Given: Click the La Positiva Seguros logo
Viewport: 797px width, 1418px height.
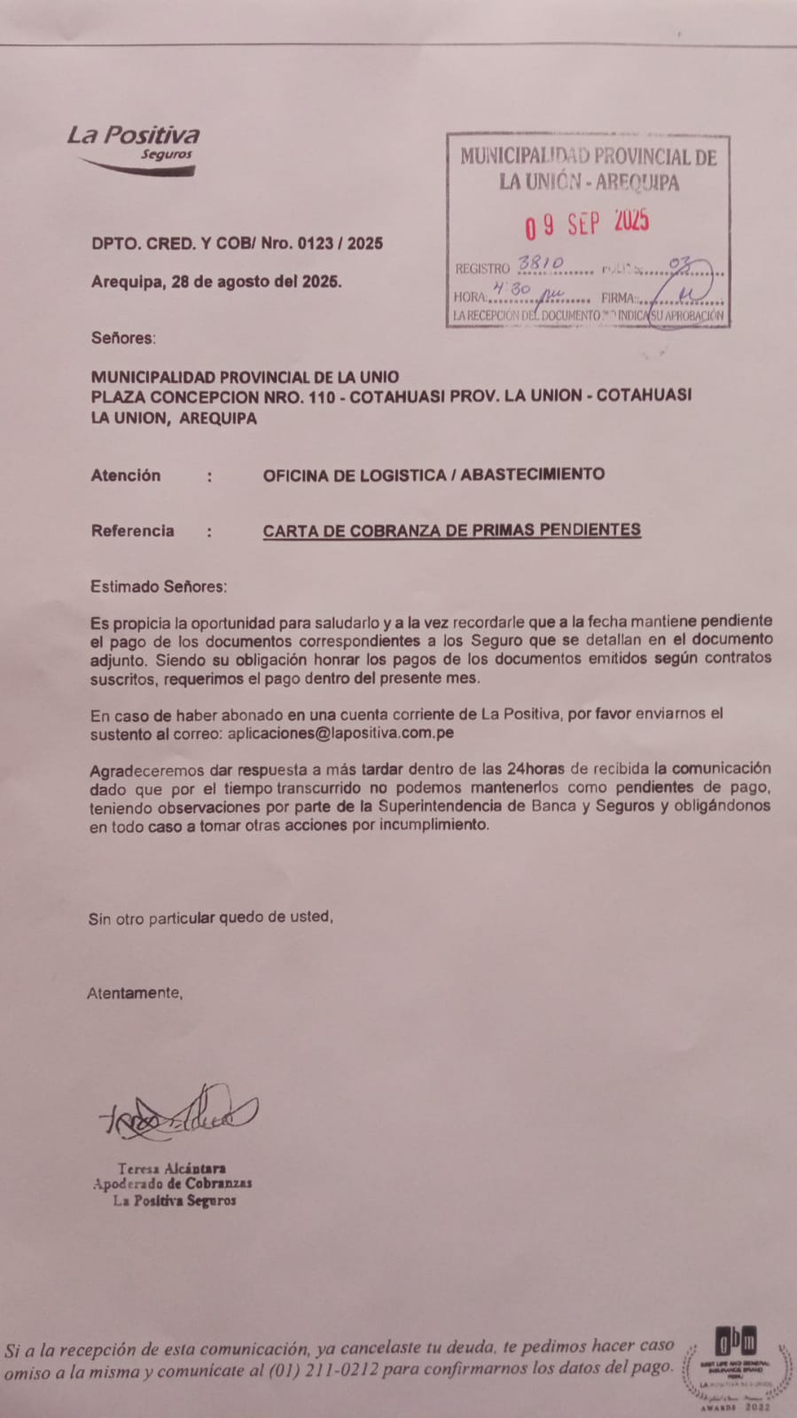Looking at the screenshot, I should click(x=134, y=147).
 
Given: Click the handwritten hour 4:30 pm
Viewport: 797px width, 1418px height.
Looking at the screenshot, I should click(x=513, y=291).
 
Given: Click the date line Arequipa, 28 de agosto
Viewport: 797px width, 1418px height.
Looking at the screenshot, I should click(x=215, y=282).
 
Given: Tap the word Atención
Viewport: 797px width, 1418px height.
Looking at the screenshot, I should click(x=126, y=475).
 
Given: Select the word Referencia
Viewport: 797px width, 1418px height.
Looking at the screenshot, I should click(x=132, y=531).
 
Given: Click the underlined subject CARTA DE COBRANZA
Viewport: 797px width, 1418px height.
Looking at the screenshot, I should click(x=451, y=530).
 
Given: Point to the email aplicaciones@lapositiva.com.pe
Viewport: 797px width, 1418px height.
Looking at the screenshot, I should click(x=340, y=733).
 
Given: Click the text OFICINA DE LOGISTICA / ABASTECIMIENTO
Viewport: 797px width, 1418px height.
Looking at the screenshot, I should click(x=434, y=474).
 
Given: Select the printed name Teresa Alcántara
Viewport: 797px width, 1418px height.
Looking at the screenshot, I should click(x=172, y=1169).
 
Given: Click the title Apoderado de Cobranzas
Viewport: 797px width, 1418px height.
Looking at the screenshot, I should click(x=173, y=1184).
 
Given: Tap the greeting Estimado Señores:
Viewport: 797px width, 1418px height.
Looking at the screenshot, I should click(x=159, y=586).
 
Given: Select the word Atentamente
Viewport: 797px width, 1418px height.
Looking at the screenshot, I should click(x=135, y=993).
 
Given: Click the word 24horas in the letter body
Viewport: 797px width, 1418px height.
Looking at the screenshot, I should click(x=537, y=768).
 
